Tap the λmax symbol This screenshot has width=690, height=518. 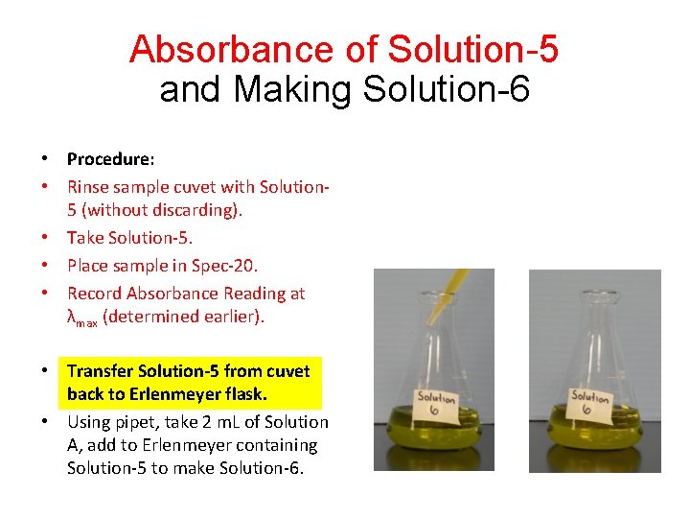click(80, 318)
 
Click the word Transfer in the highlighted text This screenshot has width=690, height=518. click(100, 370)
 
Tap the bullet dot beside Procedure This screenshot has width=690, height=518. click(46, 158)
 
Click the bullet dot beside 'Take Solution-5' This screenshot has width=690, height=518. click(46, 238)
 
